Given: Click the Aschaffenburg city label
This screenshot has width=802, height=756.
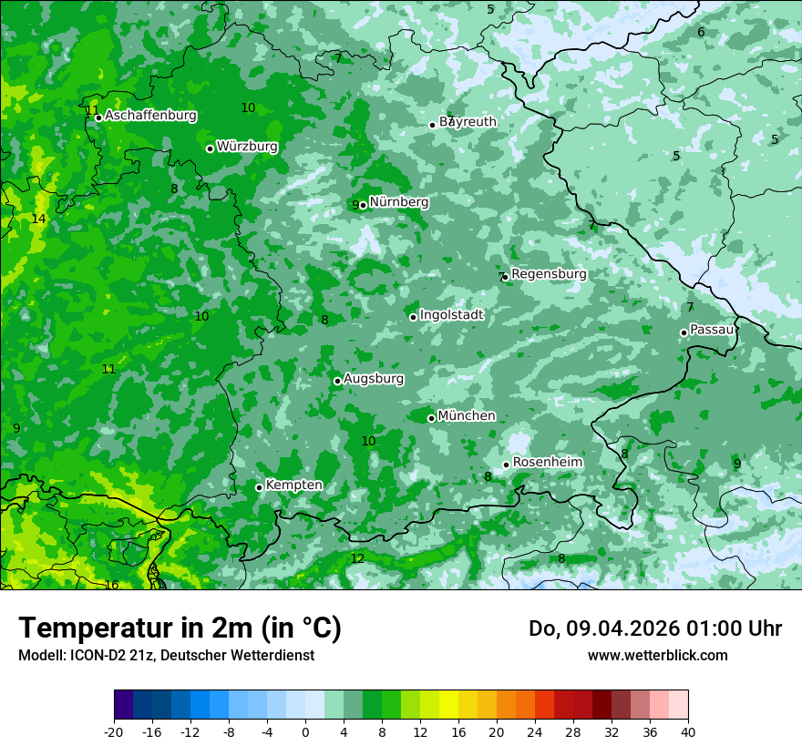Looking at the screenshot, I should point(150,116).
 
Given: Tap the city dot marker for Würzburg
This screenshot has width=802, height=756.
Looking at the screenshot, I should point(210,148).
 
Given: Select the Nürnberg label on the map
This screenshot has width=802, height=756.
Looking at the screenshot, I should point(398,202).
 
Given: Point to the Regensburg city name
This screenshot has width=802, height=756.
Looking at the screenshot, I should point(549,274).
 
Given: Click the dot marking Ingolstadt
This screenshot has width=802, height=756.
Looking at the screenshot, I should point(413,317).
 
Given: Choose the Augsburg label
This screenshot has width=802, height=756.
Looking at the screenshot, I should point(374,379).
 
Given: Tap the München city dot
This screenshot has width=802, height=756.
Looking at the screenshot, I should point(431,418).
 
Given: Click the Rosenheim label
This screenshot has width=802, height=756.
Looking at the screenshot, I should point(547,463).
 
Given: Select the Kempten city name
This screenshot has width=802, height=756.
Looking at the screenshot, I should point(293,485).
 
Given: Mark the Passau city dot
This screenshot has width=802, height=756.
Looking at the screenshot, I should point(684,332).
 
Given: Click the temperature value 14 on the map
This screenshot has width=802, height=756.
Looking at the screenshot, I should point(38,220).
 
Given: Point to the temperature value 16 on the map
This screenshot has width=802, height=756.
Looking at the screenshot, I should point(111,585).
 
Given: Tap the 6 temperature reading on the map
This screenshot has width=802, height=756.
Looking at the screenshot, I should point(701,33).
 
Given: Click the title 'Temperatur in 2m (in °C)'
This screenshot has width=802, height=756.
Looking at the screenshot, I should point(180,628).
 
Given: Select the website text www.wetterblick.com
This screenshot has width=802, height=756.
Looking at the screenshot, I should point(657,656).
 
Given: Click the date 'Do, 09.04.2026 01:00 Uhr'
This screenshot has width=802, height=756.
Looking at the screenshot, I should point(654,628).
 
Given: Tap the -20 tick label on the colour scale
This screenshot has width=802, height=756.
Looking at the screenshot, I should point(114,731).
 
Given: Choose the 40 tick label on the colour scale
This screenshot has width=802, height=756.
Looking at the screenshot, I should point(687,731).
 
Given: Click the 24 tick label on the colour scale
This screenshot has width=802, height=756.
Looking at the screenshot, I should point(534,731).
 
